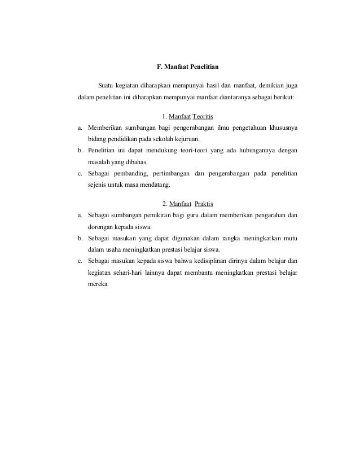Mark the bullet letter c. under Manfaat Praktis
pos(81,261)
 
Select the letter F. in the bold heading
pos(159,68)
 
